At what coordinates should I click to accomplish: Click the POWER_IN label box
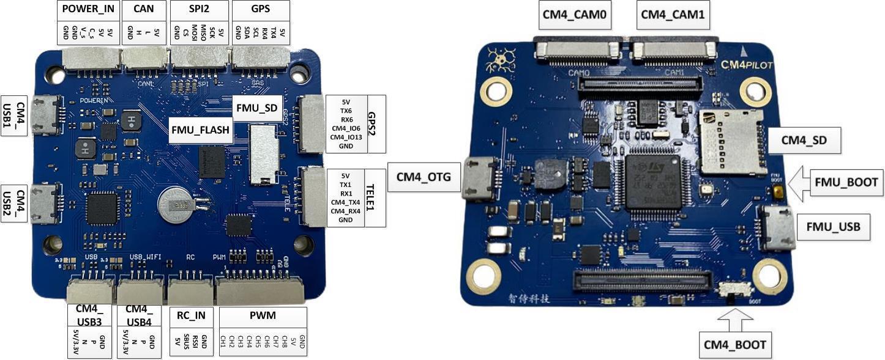pos(89,10)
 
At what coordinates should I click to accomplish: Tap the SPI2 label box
pos(199,10)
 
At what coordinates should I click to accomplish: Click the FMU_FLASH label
pos(201,130)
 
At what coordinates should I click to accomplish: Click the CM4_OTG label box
pos(424,177)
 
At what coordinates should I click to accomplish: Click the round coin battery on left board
pos(176,204)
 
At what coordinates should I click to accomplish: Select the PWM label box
pos(263,316)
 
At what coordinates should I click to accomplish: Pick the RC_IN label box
pos(191,316)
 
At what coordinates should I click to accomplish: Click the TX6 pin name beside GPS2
pos(346,111)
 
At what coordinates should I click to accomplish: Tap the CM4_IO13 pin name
pos(346,137)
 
